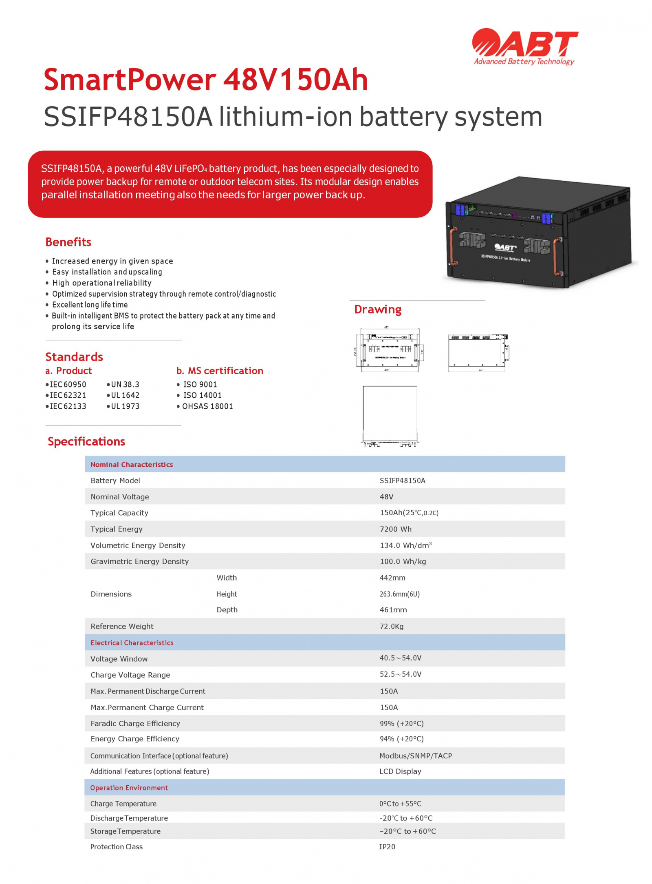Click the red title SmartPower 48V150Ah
(206, 80)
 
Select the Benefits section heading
(68, 242)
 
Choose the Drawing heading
(377, 309)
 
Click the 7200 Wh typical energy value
(395, 529)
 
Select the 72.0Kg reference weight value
(391, 626)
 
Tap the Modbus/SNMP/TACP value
(415, 756)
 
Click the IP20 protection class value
(387, 847)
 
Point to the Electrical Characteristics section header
(132, 643)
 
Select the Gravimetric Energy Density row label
(139, 561)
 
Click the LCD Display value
(400, 771)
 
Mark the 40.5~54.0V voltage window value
(400, 658)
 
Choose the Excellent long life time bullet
(90, 305)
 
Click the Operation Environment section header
(129, 788)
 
